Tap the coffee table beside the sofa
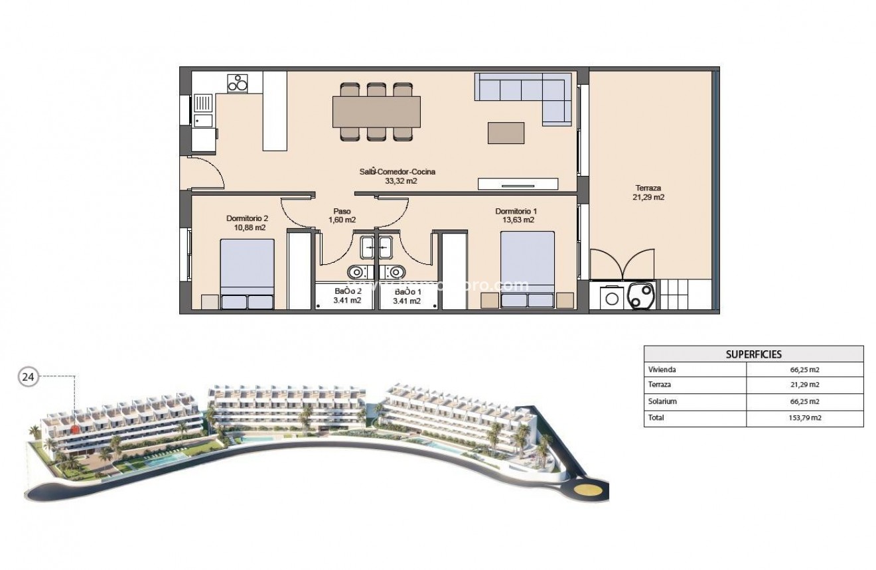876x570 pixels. [x=506, y=133]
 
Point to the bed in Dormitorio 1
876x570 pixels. [x=528, y=269]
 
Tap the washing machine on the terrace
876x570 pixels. [x=612, y=299]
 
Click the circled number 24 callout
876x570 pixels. [x=28, y=378]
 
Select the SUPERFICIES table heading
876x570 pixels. [x=753, y=354]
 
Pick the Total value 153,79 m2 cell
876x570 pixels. [x=806, y=418]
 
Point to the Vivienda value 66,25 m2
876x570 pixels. [x=806, y=370]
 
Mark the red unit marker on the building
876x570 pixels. [x=77, y=429]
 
